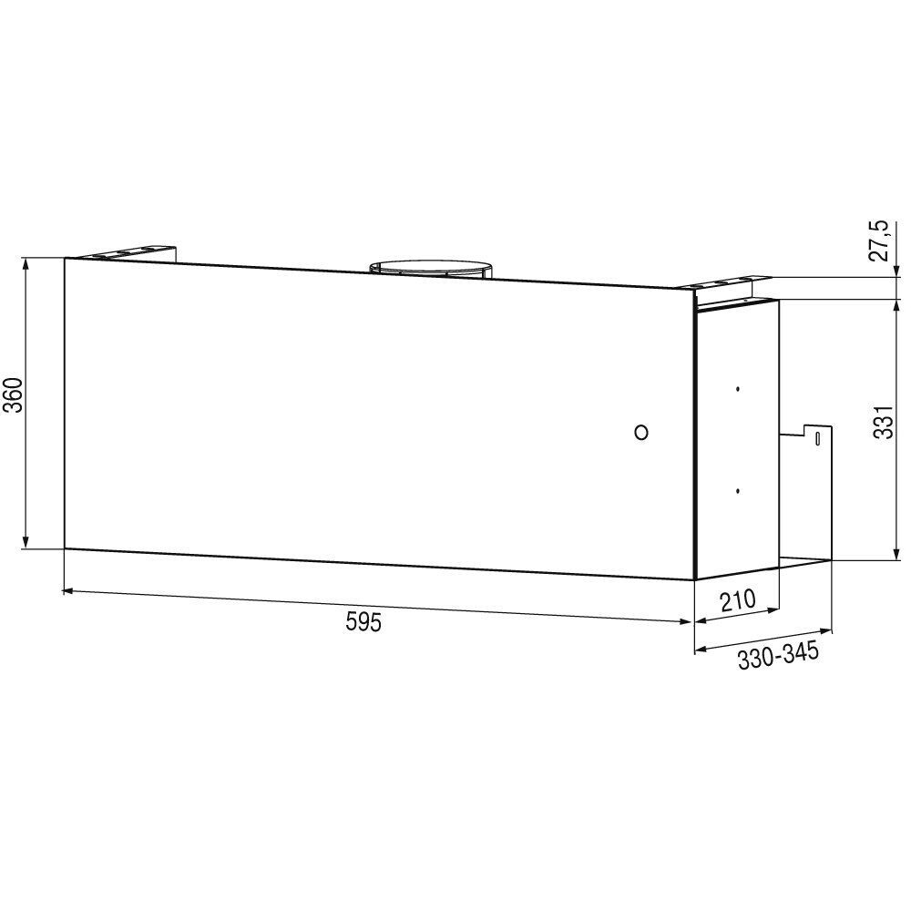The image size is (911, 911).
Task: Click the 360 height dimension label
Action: click(x=13, y=395)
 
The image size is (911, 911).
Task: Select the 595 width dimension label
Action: click(x=363, y=622)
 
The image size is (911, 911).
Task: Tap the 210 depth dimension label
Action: click(x=737, y=600)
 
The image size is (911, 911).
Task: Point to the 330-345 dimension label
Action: click(x=778, y=655)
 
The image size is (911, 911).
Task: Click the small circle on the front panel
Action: click(x=641, y=432)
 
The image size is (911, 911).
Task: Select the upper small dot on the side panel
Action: click(x=737, y=388)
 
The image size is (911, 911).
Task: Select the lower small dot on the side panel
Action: click(x=737, y=491)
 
